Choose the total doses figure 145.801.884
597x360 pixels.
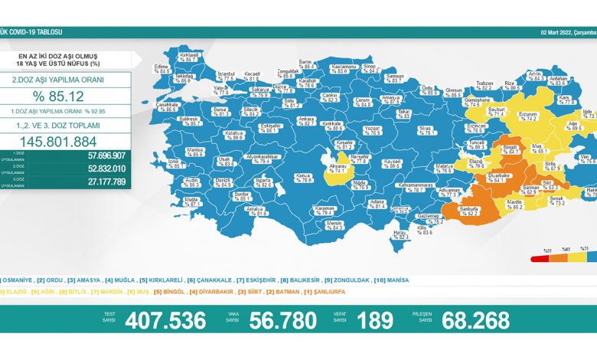tap(64, 142)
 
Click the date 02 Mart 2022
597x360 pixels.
tap(556, 32)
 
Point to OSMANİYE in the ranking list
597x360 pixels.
tap(17, 280)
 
